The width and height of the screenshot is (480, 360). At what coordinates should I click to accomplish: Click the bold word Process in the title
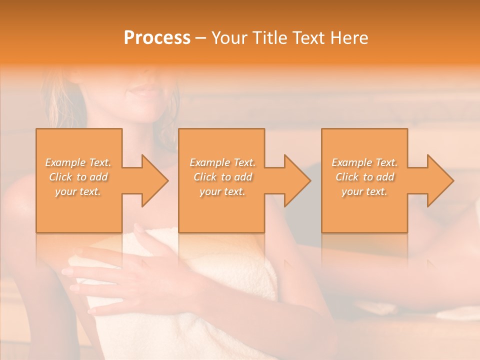[157, 38]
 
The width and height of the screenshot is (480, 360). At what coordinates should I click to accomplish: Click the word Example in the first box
[64, 162]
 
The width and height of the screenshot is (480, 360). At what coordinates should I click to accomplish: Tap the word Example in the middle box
[208, 162]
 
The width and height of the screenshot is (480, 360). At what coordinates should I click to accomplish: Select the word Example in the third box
[351, 162]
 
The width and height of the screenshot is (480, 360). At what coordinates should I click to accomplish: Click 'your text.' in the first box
[78, 191]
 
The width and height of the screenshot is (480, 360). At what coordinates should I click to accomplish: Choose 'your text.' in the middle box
[222, 191]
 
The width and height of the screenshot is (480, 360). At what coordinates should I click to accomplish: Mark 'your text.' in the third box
[364, 191]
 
